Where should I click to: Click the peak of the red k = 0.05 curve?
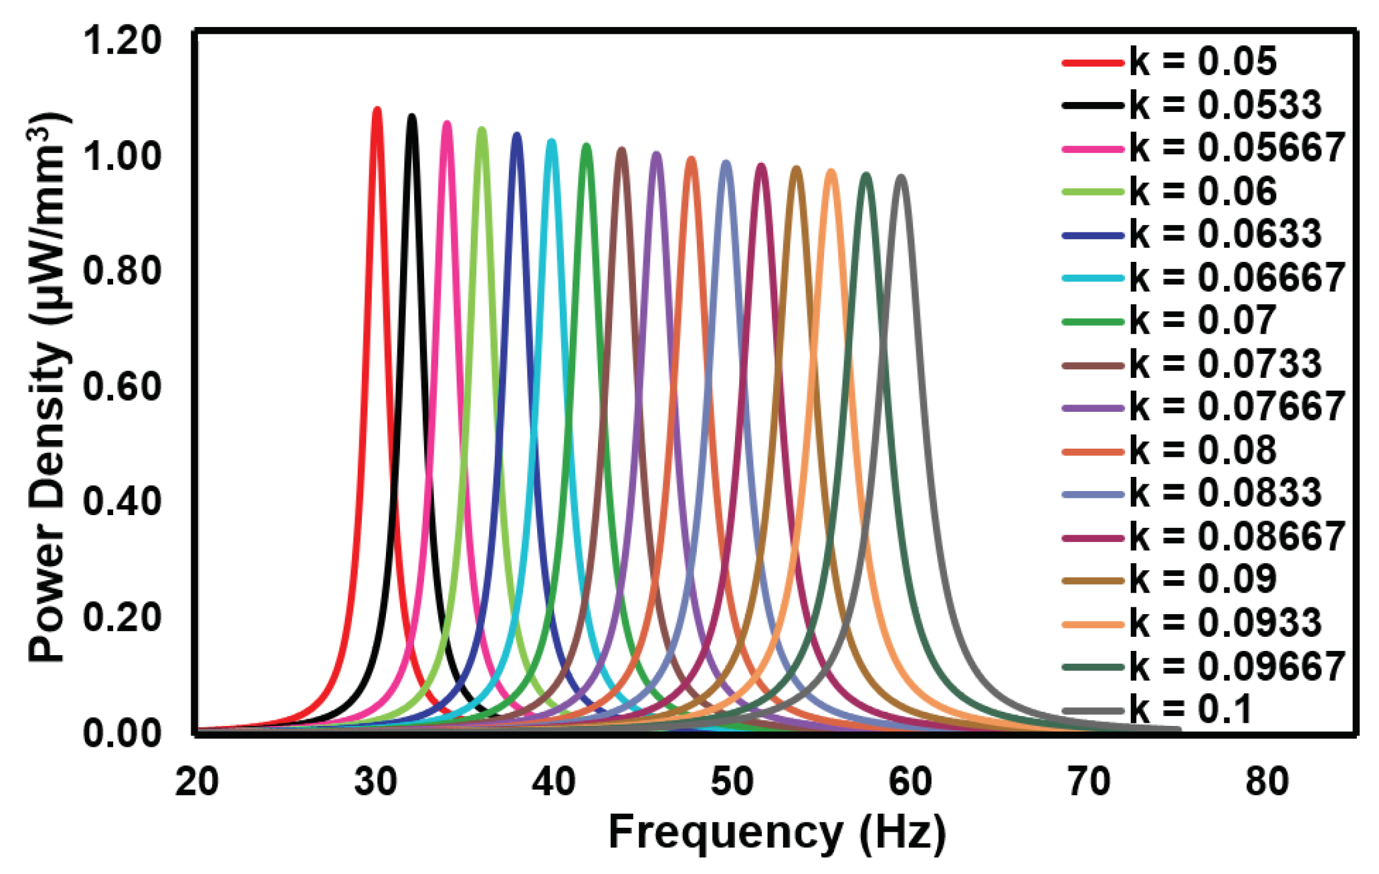377,109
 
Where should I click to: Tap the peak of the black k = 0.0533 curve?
412,116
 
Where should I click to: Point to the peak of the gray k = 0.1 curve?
902,177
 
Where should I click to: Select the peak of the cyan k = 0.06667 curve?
552,141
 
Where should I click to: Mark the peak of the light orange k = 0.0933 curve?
831,171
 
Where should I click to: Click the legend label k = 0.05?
1203,62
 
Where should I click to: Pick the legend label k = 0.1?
1190,710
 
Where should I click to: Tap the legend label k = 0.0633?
1225,235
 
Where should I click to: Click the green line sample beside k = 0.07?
1093,321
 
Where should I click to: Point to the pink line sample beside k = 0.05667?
1093,149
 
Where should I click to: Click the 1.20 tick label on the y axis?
122,41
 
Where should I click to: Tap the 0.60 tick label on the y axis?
122,387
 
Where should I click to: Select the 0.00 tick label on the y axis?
122,733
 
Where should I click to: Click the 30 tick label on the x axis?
375,782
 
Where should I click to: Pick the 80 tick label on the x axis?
1267,782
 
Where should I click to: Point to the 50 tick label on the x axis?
732,782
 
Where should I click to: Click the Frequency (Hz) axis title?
777,833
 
